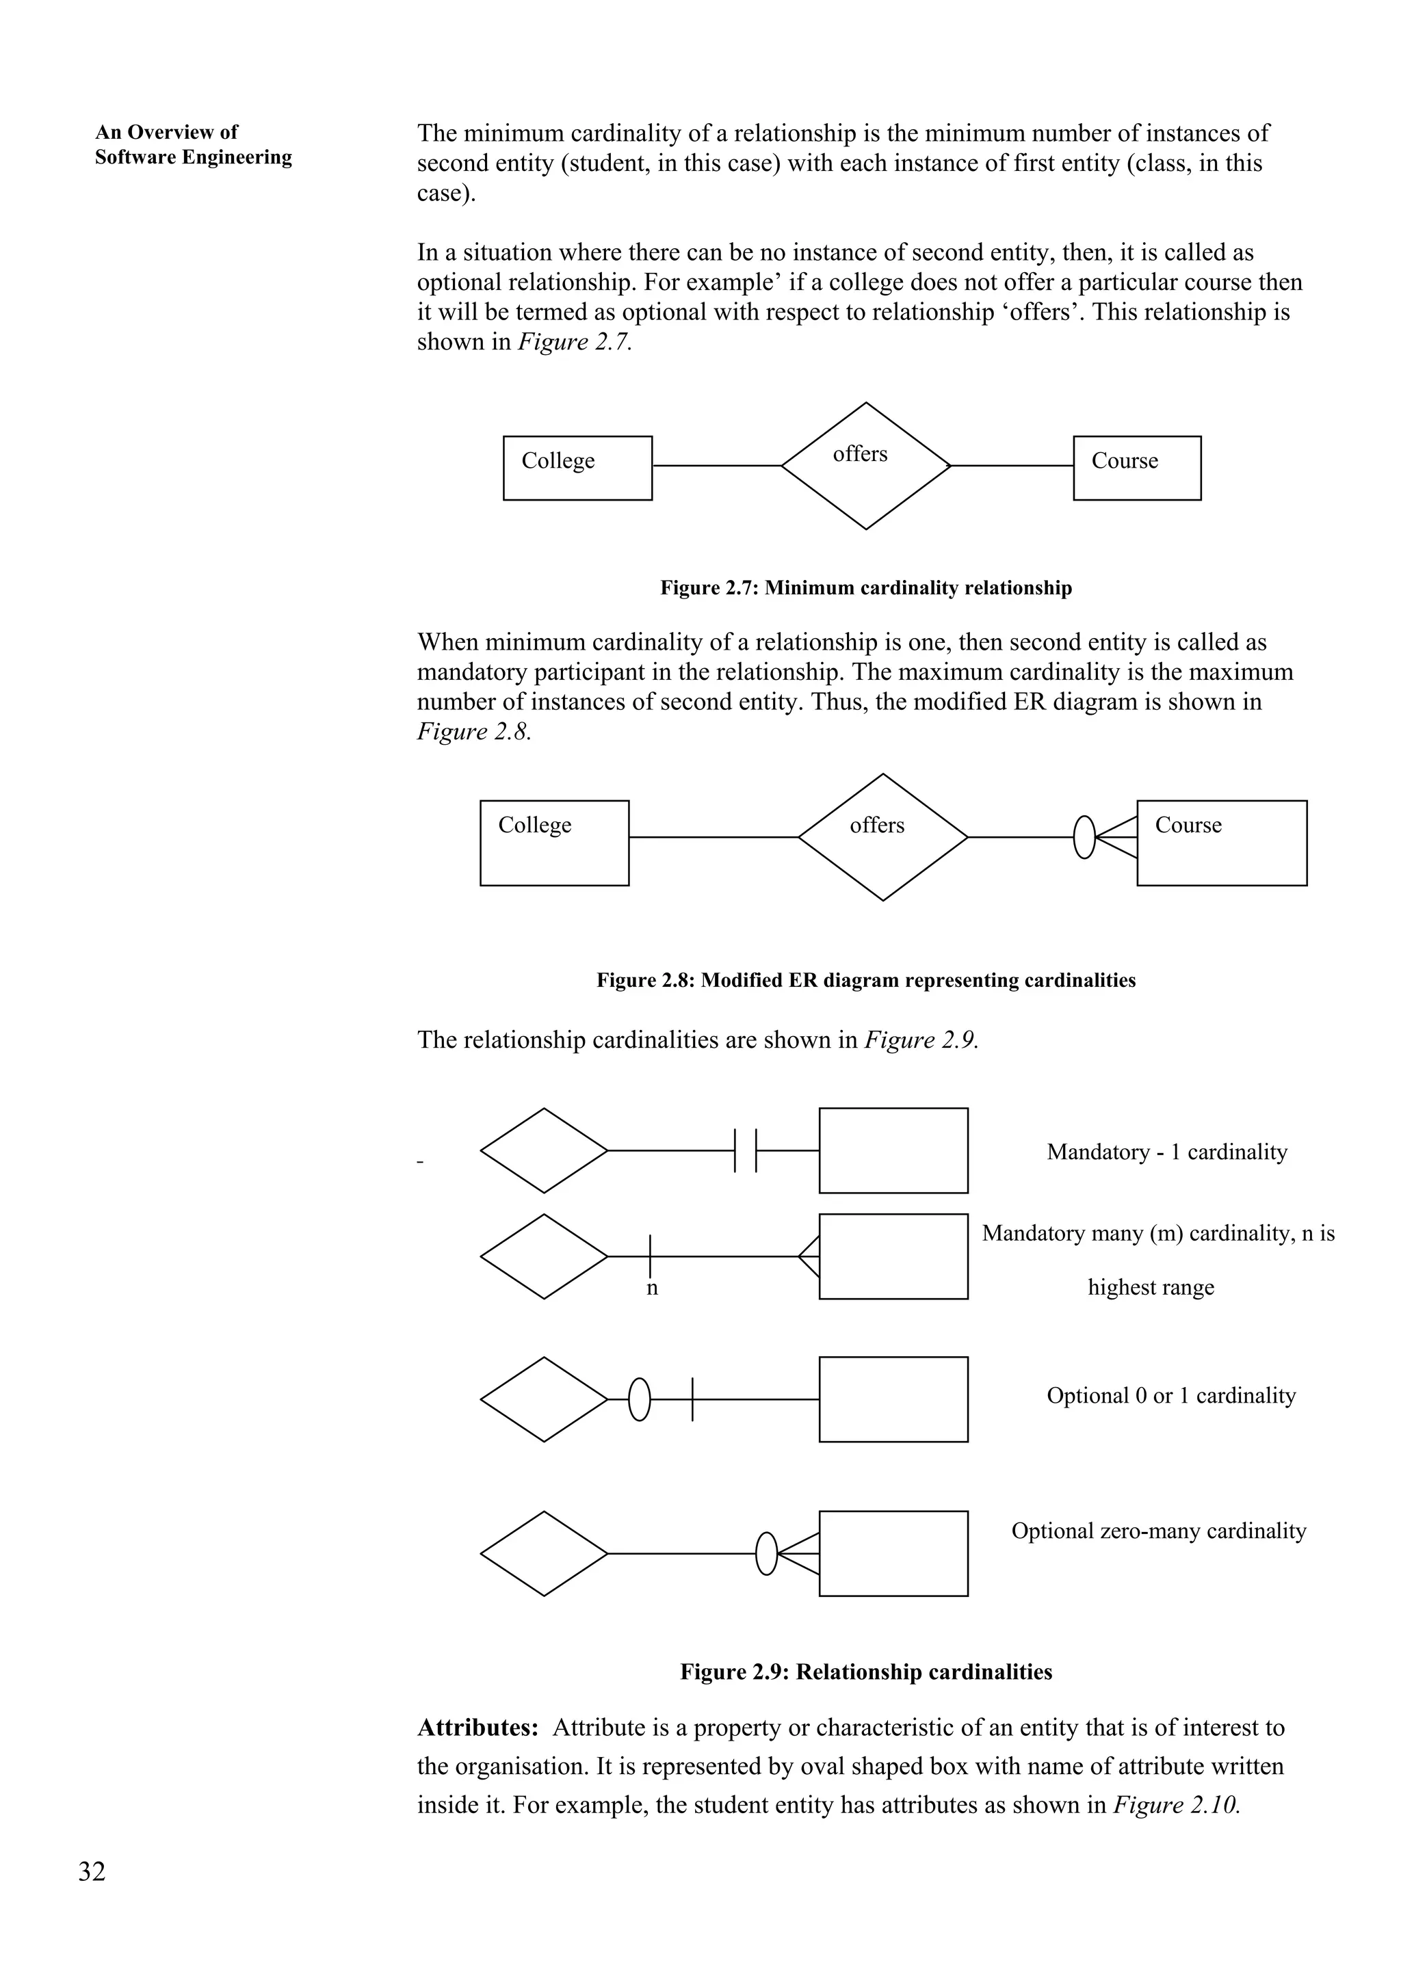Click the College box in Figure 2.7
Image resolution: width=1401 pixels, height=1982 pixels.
tap(577, 467)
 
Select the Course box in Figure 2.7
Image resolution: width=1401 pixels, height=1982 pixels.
tap(1136, 467)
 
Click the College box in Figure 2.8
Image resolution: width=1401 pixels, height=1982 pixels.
tap(554, 843)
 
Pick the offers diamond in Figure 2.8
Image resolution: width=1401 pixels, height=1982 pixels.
tap(882, 836)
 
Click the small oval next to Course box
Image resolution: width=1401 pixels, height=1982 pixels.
tap(1084, 837)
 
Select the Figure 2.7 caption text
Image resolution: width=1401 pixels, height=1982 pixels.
tap(866, 588)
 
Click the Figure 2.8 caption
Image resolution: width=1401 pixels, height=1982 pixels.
tap(866, 980)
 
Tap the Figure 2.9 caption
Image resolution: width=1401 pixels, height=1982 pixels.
tap(866, 1672)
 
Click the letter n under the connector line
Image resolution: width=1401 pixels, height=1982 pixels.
tap(652, 1288)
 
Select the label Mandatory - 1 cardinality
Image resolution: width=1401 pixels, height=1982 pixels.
tap(1166, 1152)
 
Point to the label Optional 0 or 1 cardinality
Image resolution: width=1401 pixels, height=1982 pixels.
tap(1170, 1395)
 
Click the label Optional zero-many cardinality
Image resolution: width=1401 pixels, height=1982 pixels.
tap(1158, 1531)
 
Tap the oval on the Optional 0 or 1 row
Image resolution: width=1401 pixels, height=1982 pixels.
tap(639, 1399)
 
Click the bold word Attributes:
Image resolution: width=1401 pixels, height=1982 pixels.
tap(477, 1728)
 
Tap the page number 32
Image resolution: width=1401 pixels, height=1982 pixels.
tap(92, 1871)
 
